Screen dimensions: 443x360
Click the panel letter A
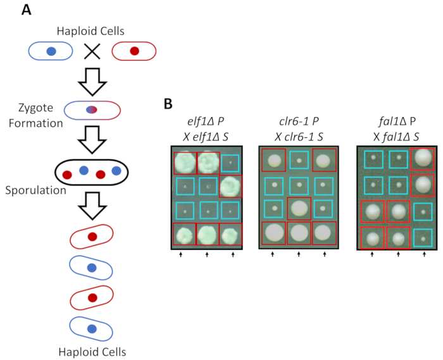point(27,10)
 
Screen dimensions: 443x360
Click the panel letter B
point(168,104)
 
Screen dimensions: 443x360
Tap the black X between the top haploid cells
point(92,51)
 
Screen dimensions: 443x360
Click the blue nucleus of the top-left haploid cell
point(51,51)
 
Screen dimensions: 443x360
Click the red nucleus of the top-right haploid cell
point(134,51)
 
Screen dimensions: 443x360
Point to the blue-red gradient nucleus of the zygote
point(92,109)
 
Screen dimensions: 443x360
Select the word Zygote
point(35,108)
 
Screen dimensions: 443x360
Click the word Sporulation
point(35,190)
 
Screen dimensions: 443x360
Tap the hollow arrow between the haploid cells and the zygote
point(92,82)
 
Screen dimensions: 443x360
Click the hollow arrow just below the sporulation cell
point(92,206)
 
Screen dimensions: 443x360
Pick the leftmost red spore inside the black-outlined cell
point(67,175)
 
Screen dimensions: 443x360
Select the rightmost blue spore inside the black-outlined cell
point(116,171)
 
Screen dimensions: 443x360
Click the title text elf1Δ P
point(206,121)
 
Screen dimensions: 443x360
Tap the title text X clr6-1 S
point(299,137)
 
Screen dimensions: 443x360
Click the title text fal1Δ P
point(397,121)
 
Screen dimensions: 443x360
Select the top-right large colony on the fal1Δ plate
point(423,158)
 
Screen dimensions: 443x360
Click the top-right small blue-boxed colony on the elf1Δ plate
point(230,163)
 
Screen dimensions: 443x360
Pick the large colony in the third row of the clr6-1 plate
point(299,208)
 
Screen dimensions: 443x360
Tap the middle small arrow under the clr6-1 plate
point(299,254)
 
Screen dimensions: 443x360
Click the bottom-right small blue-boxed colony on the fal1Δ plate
point(423,239)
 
